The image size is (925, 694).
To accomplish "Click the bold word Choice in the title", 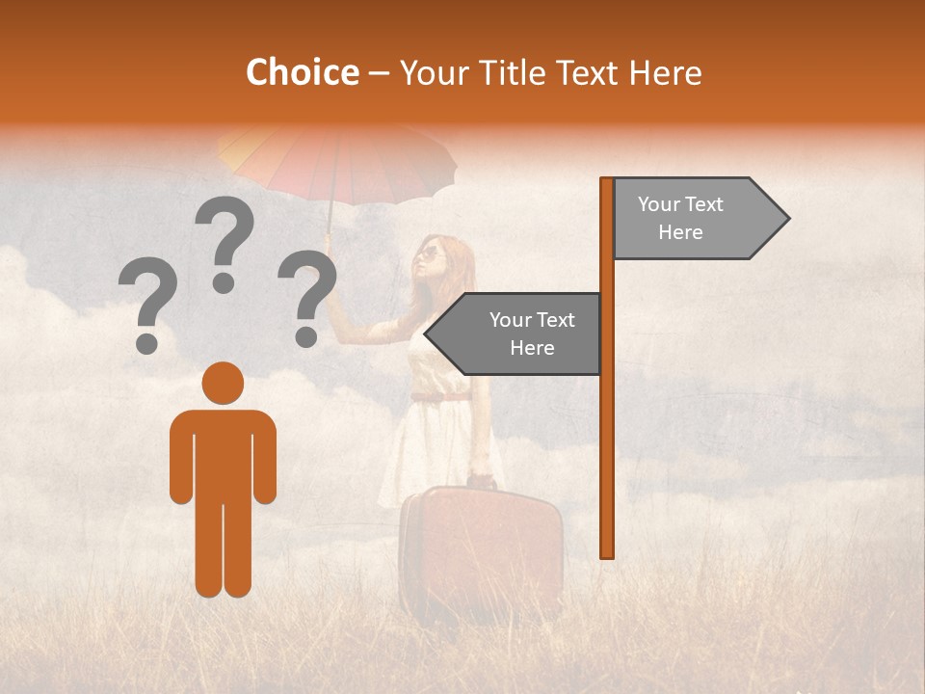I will (302, 72).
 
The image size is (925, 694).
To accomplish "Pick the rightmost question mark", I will (306, 297).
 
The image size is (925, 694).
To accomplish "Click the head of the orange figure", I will (224, 382).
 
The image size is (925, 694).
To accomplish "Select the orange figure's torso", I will (224, 453).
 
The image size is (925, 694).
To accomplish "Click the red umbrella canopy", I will (337, 159).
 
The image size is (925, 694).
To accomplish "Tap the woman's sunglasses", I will (429, 254).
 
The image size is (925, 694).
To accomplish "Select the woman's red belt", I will (441, 396).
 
